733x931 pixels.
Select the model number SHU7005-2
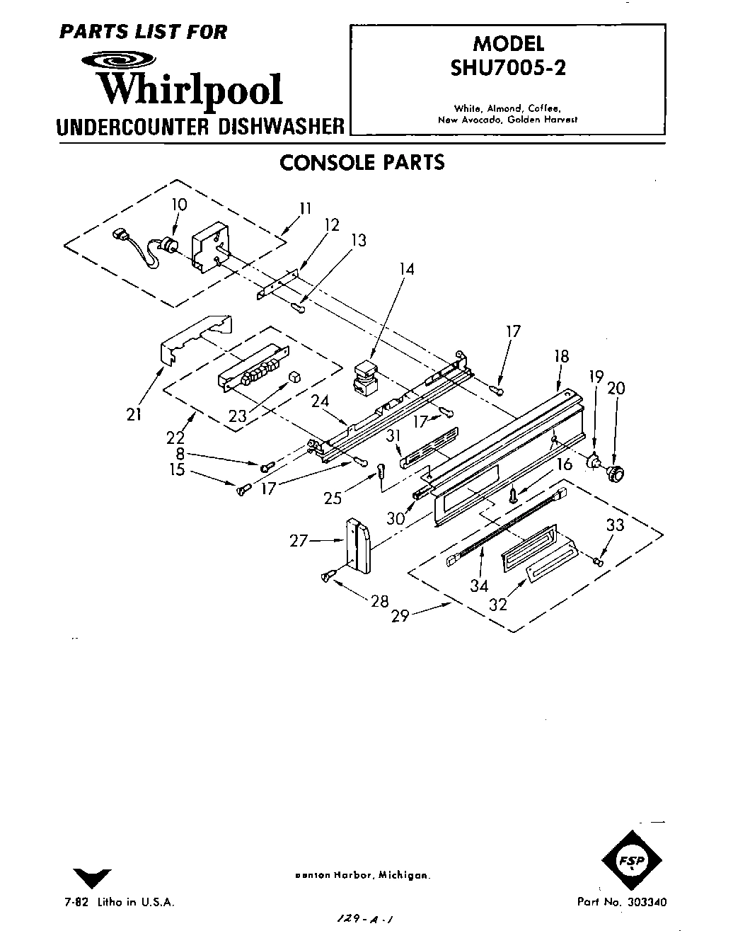click(x=508, y=69)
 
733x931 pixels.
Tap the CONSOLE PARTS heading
click(x=362, y=163)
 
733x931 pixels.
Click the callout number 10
click(x=179, y=205)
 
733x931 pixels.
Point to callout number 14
click(x=406, y=269)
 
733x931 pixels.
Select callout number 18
click(x=561, y=356)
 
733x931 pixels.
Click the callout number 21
click(x=134, y=415)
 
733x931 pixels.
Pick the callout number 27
click(x=299, y=541)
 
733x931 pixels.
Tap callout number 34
click(x=480, y=586)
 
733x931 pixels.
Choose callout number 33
click(x=615, y=525)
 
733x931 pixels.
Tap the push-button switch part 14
click(x=365, y=377)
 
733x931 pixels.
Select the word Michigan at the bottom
click(x=404, y=875)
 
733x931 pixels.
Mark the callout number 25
click(x=333, y=498)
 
